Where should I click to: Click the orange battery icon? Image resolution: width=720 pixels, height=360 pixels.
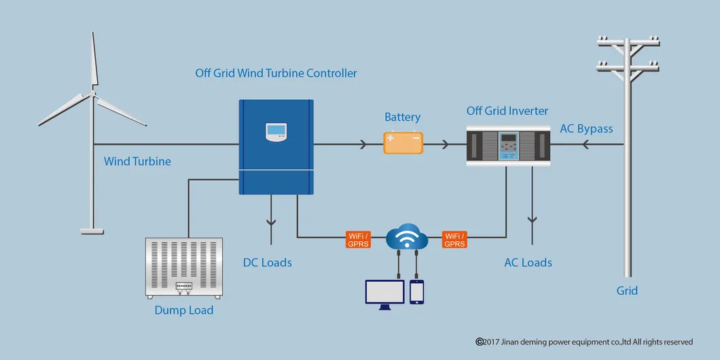[403, 143]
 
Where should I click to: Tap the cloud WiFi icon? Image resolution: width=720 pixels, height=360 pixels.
[406, 238]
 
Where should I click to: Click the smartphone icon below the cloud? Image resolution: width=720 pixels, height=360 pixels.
[416, 291]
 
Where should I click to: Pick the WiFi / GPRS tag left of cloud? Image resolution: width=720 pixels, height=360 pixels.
[358, 239]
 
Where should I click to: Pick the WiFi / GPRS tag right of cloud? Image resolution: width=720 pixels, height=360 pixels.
[454, 239]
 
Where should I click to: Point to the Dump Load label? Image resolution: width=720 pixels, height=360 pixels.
[183, 310]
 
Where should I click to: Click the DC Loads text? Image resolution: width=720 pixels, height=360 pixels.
[268, 262]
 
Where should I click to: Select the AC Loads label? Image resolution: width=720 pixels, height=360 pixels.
[528, 262]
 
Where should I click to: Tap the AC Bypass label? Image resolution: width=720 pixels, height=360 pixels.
[586, 129]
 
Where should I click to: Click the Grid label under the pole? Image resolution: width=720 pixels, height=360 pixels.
[627, 291]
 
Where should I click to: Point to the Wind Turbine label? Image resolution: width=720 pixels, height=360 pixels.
[137, 162]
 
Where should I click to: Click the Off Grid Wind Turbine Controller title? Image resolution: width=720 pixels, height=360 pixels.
[276, 73]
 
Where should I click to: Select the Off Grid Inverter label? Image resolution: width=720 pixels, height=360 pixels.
[507, 111]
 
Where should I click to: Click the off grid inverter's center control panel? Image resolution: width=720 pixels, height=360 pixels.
[507, 147]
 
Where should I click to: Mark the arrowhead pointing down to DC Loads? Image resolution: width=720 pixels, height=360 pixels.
[271, 221]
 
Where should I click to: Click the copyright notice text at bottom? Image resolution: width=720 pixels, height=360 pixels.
[584, 342]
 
